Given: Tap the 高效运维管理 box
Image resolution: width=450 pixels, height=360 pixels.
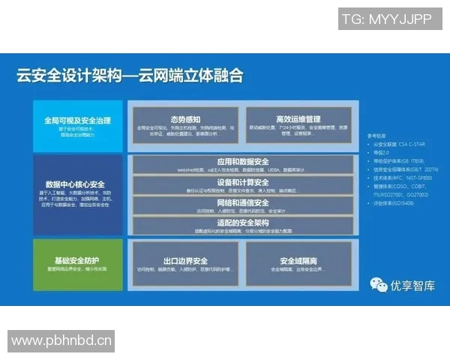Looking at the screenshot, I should (x=298, y=125).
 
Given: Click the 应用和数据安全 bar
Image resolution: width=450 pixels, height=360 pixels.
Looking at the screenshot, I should (x=242, y=165).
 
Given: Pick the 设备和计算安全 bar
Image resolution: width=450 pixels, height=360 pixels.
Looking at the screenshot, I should (x=242, y=185).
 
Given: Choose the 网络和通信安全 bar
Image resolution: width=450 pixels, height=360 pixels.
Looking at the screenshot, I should (x=242, y=205).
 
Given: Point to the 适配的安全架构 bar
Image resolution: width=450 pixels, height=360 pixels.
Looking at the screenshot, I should (x=242, y=225).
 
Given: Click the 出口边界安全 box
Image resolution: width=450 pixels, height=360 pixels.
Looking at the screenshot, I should (x=184, y=265).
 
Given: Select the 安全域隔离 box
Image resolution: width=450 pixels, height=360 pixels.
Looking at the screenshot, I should (x=298, y=265).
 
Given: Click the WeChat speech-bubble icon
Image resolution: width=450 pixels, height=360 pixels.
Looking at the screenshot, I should (x=379, y=284).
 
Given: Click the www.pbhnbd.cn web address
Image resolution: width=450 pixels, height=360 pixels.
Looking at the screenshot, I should (x=61, y=341).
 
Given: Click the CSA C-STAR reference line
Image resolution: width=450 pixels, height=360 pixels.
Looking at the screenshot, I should (x=397, y=144).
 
